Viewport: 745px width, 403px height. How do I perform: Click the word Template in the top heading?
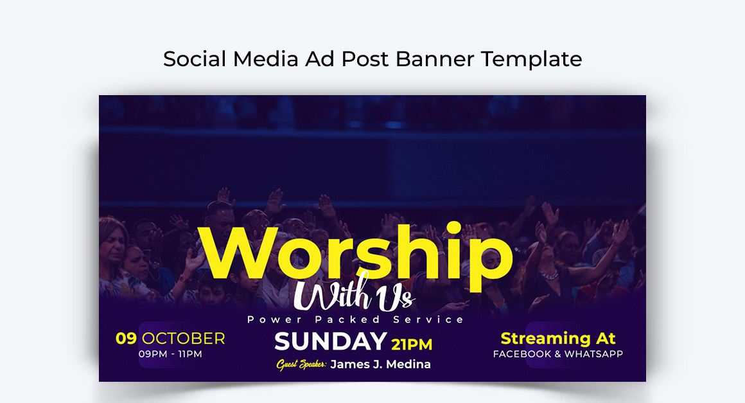click(531, 59)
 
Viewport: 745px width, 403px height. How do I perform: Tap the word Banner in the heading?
click(435, 59)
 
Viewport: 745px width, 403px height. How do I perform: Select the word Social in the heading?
click(195, 59)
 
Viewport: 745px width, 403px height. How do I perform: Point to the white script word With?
click(333, 292)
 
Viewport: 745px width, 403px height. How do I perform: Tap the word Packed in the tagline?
click(347, 319)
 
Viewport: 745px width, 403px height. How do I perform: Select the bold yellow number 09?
click(126, 338)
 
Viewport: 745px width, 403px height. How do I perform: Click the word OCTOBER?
click(184, 338)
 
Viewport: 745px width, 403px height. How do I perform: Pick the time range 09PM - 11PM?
click(170, 354)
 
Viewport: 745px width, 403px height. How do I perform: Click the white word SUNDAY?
click(331, 341)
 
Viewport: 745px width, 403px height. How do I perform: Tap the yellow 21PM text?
click(412, 345)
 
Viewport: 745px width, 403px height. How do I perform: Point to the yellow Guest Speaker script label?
click(301, 364)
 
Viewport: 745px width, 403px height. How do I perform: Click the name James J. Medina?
click(381, 364)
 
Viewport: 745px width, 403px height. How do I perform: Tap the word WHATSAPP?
click(593, 354)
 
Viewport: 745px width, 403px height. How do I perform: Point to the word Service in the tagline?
click(428, 319)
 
